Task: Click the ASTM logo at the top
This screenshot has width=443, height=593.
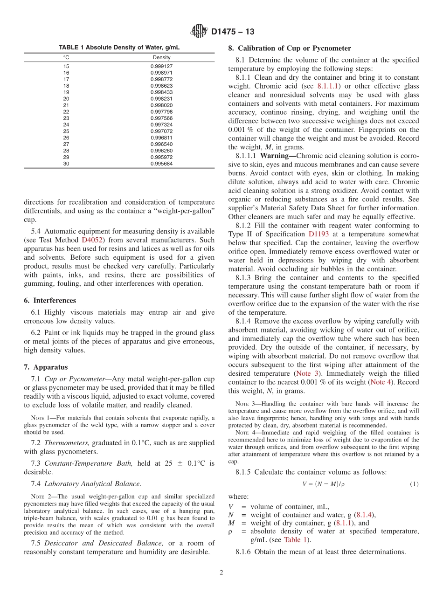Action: click(x=199, y=32)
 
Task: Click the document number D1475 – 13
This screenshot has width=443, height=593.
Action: click(x=233, y=32)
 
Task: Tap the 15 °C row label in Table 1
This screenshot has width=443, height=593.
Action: click(x=66, y=66)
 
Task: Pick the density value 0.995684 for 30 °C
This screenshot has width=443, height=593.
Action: click(x=161, y=164)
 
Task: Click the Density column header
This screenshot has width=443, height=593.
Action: click(x=161, y=57)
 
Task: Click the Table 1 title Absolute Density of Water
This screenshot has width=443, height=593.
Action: click(x=119, y=48)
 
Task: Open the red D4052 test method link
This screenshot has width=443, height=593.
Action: click(x=91, y=240)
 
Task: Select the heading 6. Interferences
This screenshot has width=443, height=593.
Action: click(x=50, y=301)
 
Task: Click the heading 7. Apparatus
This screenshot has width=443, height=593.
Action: click(x=46, y=367)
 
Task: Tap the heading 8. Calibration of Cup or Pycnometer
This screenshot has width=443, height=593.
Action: click(x=289, y=48)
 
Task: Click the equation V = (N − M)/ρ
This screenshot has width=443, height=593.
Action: click(x=323, y=484)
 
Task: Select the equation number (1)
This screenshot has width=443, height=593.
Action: click(x=414, y=484)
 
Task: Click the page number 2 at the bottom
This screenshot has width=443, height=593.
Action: click(x=221, y=573)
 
